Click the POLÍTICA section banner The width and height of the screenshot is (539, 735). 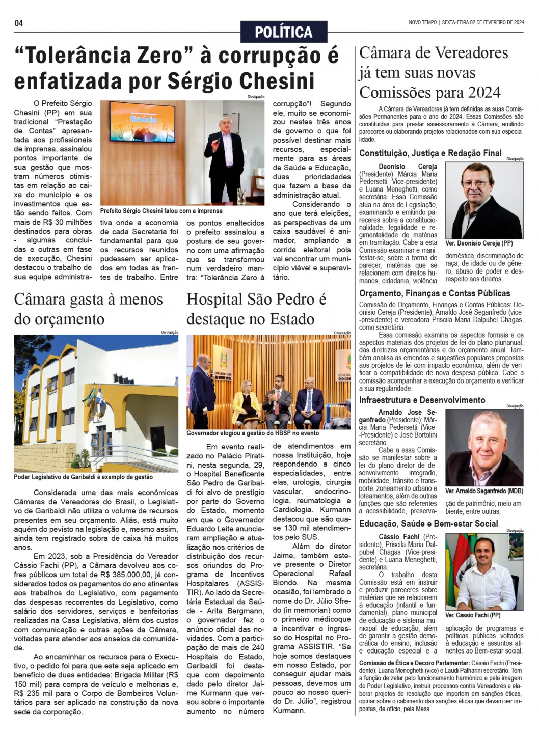pos(283,32)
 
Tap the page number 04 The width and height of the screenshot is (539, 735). pos(19,23)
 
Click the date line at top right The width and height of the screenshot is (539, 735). pos(466,22)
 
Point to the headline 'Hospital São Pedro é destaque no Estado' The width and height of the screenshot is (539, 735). pos(256,309)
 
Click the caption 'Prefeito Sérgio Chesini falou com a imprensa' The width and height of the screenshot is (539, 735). pos(161,211)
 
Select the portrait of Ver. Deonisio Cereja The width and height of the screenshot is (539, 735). pos(484,200)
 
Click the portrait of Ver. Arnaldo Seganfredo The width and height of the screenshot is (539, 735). pos(484,448)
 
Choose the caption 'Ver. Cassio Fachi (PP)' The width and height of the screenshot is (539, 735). pos(473,615)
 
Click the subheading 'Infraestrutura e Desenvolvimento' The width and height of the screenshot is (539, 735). pos(422,400)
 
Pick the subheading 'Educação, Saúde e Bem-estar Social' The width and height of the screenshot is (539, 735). pos(428,524)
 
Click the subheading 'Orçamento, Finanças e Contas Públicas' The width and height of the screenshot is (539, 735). pos(435,293)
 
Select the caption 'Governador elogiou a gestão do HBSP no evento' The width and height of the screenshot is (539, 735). pos(253,433)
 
